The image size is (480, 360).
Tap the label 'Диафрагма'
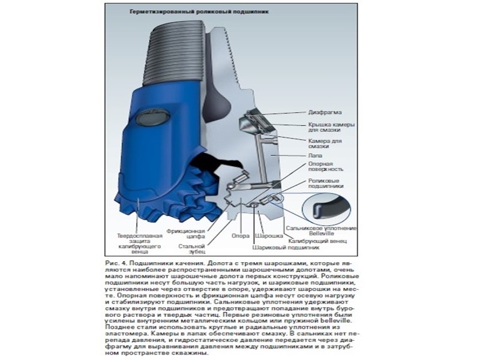[x=325, y=112]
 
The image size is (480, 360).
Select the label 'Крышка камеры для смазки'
[x=331, y=127]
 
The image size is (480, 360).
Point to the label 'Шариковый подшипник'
[x=285, y=247]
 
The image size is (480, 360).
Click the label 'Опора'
[x=240, y=236]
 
